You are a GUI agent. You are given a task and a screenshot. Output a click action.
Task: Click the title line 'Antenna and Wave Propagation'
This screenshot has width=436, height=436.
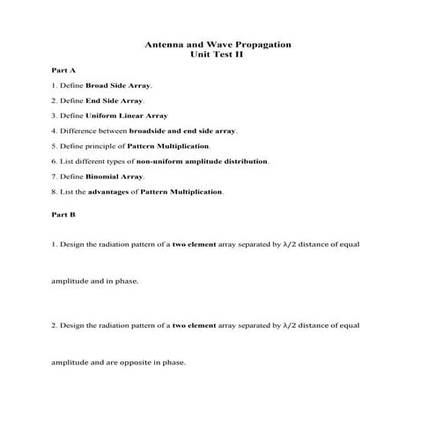217,44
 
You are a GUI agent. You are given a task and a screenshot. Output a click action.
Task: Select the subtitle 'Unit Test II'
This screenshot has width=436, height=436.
217,54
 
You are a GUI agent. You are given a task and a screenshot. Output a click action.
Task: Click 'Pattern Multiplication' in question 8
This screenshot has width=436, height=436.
181,191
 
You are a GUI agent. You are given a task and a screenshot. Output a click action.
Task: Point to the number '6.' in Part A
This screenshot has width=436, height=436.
55,161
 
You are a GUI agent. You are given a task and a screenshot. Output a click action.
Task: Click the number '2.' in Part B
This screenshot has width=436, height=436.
55,326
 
